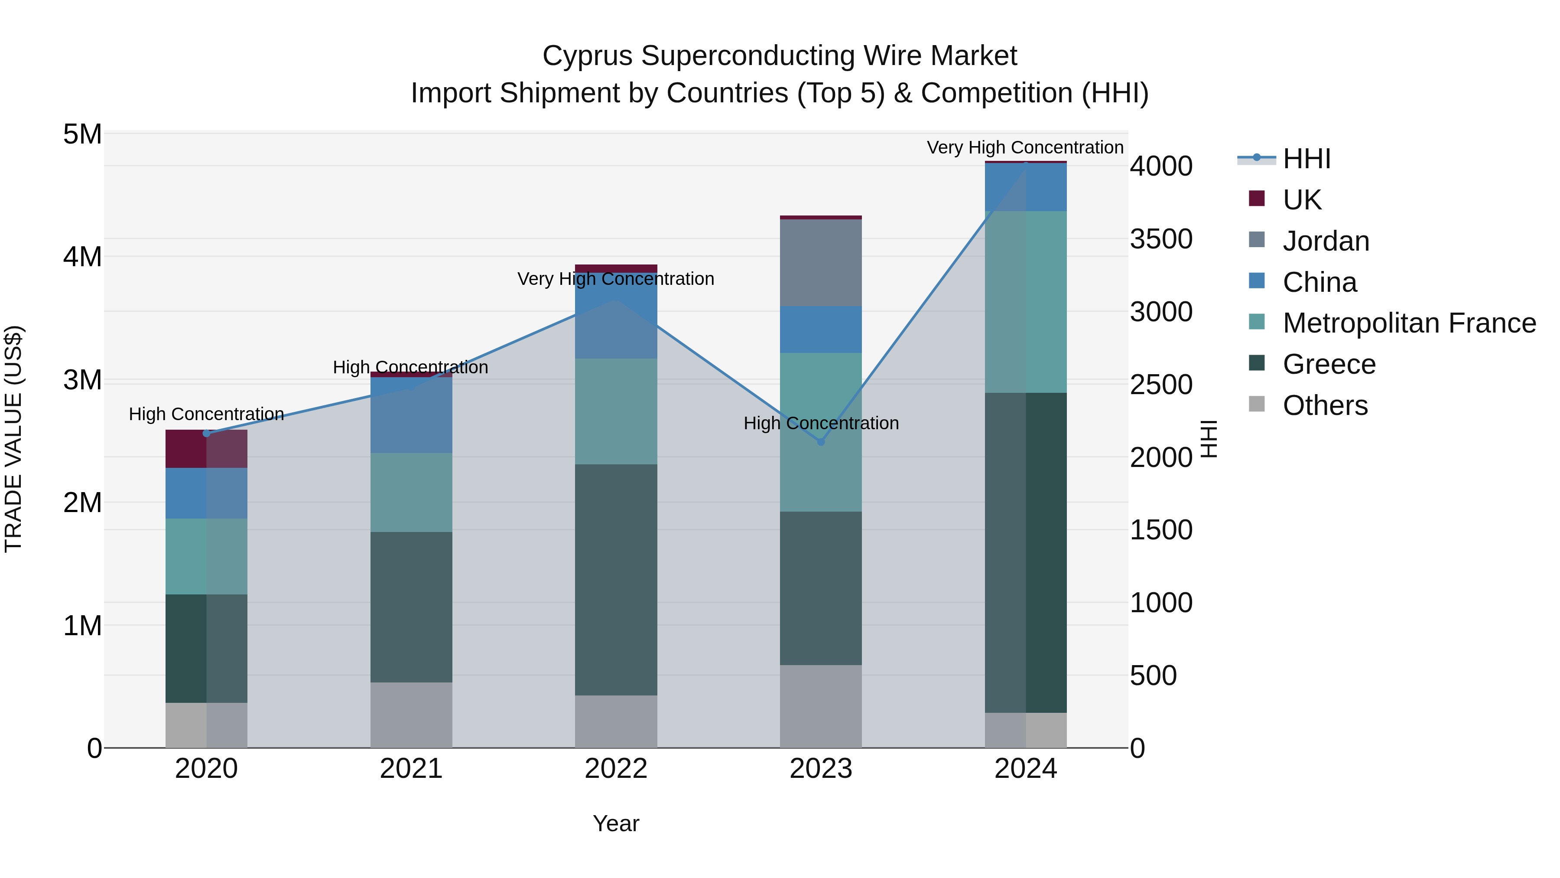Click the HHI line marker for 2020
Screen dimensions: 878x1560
point(207,433)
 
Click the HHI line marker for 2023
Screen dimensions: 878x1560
point(821,442)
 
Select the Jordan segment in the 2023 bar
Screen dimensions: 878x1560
point(821,263)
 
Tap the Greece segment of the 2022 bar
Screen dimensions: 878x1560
point(616,580)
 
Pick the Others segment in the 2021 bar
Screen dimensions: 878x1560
point(411,715)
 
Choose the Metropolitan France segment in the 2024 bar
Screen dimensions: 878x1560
point(1025,302)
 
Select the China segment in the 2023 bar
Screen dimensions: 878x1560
point(821,330)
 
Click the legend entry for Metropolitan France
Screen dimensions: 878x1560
point(1409,323)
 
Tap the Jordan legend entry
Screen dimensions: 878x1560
point(1326,241)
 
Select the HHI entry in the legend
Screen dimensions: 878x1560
point(1306,159)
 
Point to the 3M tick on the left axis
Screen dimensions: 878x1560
point(83,380)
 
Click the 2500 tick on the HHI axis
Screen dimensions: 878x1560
point(1161,385)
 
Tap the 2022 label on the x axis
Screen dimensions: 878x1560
point(616,769)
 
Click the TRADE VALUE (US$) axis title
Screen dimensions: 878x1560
point(13,439)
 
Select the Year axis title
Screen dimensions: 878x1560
point(616,823)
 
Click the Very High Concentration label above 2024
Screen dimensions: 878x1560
point(1025,147)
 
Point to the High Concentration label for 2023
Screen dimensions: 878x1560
point(821,423)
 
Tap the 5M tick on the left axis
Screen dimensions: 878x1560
point(83,134)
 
